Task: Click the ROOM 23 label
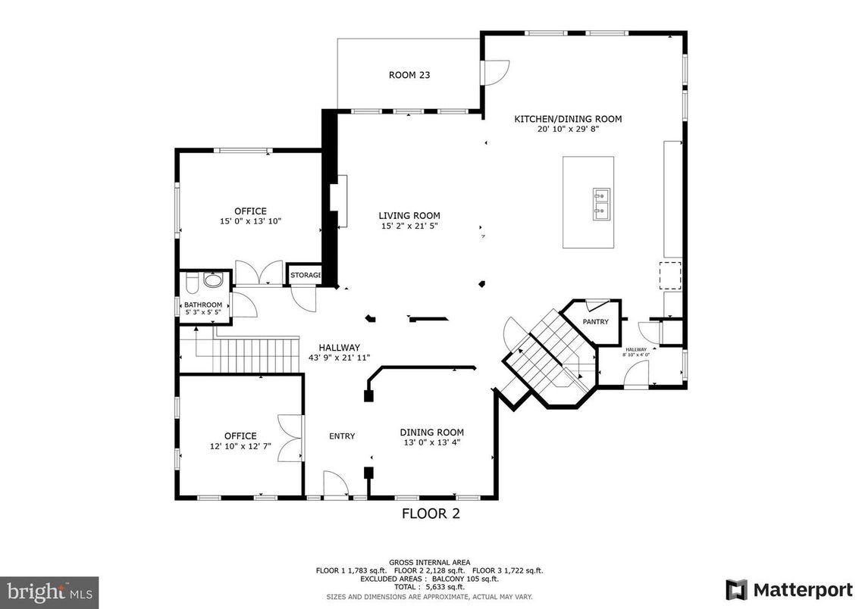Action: (x=409, y=74)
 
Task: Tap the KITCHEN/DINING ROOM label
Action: (x=568, y=119)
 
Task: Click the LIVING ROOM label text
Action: (x=409, y=216)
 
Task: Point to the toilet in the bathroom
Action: (x=192, y=284)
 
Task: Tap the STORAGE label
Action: (x=306, y=275)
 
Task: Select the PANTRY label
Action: (x=595, y=322)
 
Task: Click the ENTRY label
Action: (x=342, y=436)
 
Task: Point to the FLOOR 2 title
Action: (x=431, y=514)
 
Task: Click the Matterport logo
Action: (x=788, y=589)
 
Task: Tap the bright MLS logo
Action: (x=49, y=591)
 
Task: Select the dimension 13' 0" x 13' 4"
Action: (x=431, y=443)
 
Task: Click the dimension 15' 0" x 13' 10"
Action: (x=250, y=222)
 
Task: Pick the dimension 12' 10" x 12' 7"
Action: (x=240, y=446)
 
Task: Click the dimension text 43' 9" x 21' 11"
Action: (x=339, y=358)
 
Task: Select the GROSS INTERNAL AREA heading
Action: (x=429, y=563)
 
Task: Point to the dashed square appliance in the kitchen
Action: (x=669, y=276)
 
